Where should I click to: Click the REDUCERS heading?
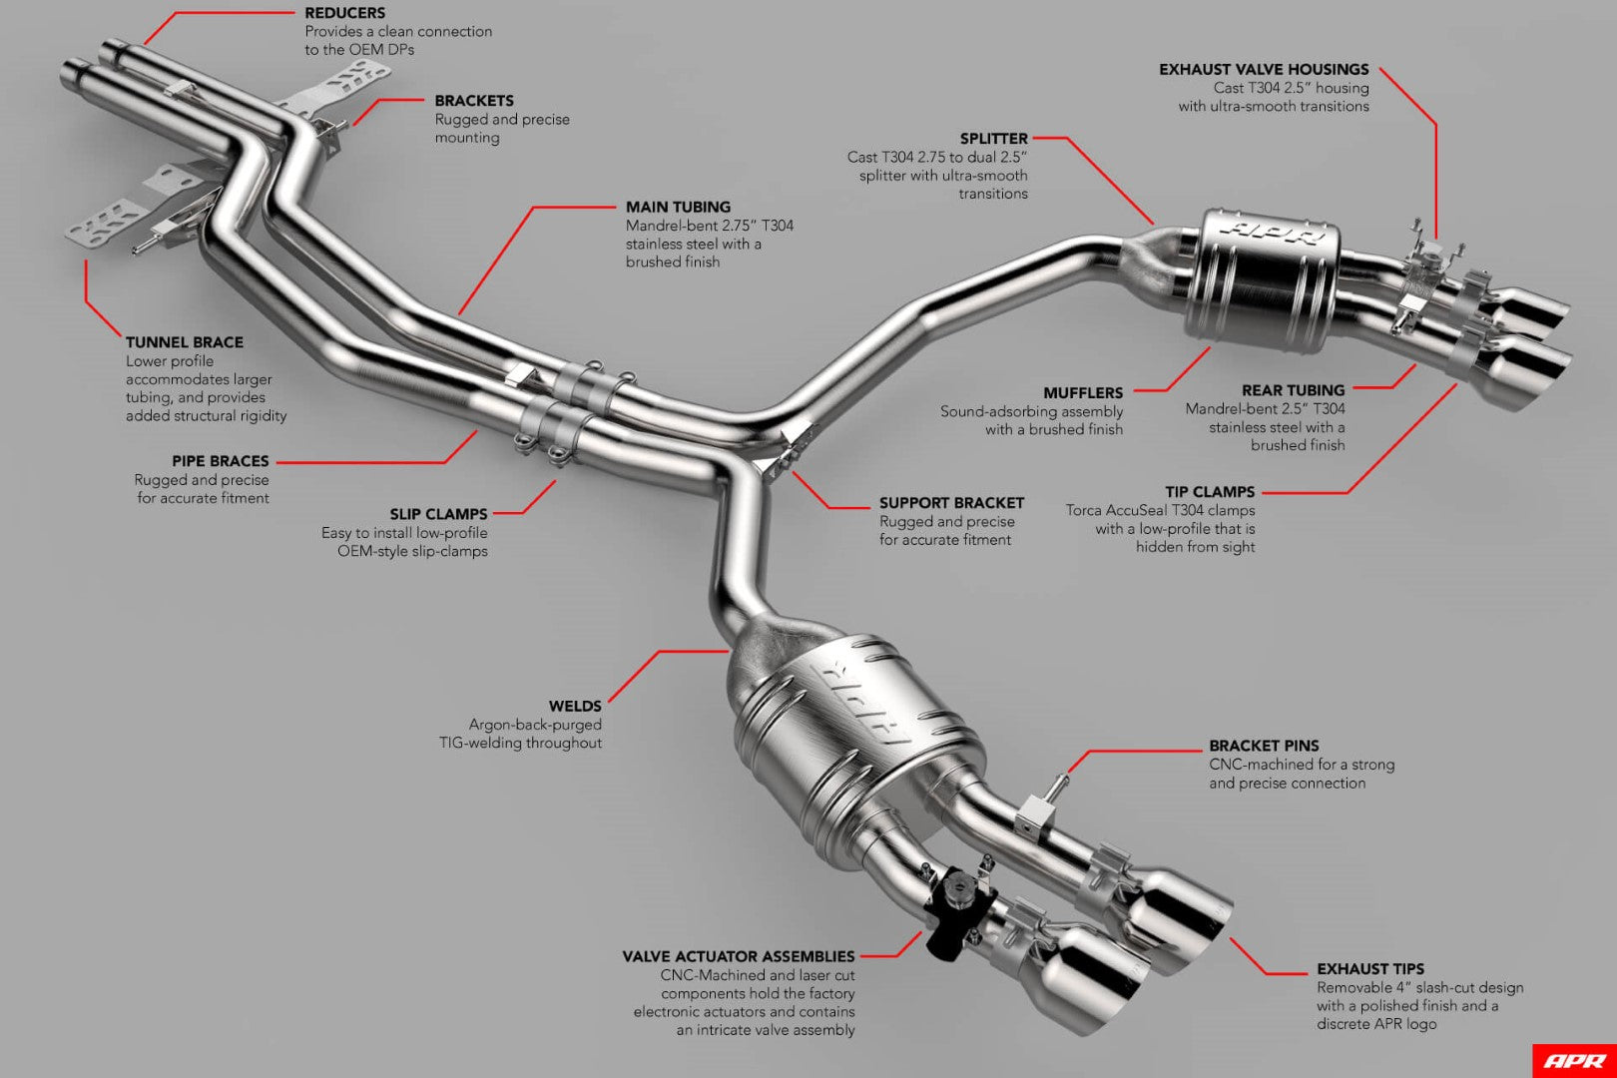(344, 13)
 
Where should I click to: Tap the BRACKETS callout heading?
(474, 101)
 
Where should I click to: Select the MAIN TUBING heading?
(678, 207)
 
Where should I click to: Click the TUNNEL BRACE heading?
(185, 342)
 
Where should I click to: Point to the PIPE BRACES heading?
(221, 461)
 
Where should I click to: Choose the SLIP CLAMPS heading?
(438, 514)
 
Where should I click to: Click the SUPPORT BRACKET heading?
(951, 503)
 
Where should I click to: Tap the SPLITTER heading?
(993, 139)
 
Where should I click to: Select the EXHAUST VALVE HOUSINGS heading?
(1264, 70)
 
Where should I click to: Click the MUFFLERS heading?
(1083, 393)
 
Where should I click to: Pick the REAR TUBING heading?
(1293, 390)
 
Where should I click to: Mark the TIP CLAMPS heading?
(1210, 492)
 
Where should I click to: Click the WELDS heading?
(575, 707)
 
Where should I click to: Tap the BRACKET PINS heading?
(1264, 746)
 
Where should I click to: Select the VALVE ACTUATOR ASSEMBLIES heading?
(739, 956)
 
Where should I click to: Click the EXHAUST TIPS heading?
(1369, 969)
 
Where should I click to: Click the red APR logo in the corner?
(1574, 1061)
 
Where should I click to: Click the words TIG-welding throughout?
(520, 743)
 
